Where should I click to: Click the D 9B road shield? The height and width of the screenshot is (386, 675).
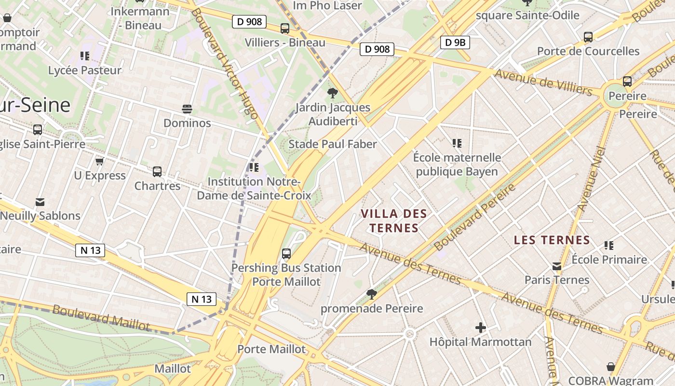click(x=455, y=42)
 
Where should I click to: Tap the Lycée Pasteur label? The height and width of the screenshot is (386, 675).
click(x=85, y=70)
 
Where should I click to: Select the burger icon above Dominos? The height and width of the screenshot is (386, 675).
click(x=187, y=109)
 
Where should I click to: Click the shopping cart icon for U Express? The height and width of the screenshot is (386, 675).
click(x=100, y=161)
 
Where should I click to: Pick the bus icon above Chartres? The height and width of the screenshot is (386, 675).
click(x=157, y=171)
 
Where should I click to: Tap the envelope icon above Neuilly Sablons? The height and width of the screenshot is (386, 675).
click(x=40, y=202)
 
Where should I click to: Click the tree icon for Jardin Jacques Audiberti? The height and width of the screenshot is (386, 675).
click(x=332, y=93)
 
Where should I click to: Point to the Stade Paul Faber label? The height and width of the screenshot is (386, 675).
click(x=332, y=144)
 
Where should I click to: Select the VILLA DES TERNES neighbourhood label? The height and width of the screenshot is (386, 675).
click(x=394, y=221)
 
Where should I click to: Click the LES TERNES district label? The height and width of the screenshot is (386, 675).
click(x=552, y=240)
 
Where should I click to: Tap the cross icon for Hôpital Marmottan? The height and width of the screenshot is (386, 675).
click(x=480, y=328)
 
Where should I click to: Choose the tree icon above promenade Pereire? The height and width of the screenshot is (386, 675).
click(x=371, y=294)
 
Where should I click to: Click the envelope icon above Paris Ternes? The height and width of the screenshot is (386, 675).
click(x=557, y=266)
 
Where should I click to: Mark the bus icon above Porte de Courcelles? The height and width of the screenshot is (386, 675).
click(x=588, y=37)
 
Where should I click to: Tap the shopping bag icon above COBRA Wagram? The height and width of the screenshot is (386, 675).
click(x=611, y=367)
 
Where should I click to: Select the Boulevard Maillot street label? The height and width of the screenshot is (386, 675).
click(x=101, y=317)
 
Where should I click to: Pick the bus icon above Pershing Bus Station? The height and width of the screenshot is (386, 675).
click(x=286, y=253)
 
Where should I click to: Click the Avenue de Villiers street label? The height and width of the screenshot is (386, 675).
click(x=543, y=83)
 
